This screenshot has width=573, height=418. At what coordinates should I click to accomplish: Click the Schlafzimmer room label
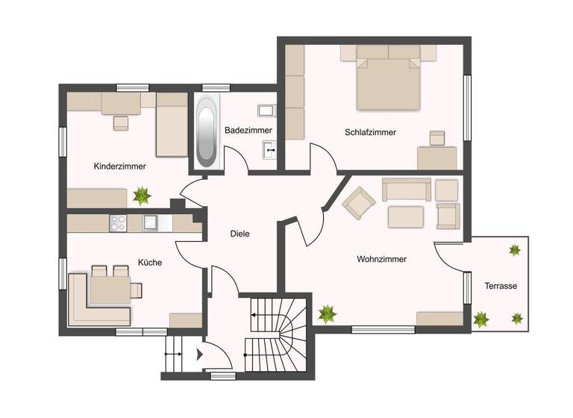click(370, 132)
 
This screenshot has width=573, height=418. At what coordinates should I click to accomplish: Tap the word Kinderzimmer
click(119, 166)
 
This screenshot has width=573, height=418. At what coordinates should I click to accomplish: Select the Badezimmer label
click(248, 130)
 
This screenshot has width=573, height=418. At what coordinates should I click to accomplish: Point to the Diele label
click(239, 234)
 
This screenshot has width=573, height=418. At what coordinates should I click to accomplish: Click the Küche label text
click(149, 263)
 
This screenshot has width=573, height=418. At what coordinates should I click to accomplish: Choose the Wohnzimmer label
click(381, 260)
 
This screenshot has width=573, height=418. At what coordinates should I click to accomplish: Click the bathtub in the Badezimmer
click(207, 133)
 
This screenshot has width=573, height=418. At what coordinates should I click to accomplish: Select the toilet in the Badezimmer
click(267, 110)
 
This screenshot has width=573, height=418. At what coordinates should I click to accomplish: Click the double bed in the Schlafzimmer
click(388, 78)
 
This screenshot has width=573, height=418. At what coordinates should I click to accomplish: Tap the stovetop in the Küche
click(119, 222)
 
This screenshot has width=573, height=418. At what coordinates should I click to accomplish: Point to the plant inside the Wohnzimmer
click(327, 313)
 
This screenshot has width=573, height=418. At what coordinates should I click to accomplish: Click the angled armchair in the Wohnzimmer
click(358, 202)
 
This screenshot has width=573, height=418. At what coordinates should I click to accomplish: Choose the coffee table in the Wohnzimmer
click(405, 217)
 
